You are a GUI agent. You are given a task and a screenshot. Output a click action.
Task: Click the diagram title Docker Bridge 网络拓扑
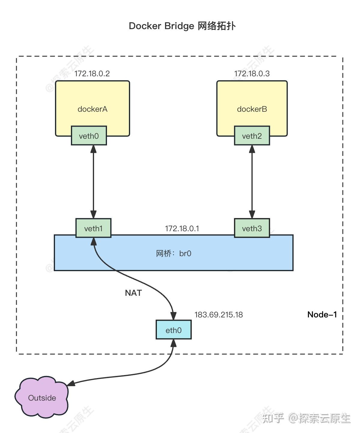(182, 26)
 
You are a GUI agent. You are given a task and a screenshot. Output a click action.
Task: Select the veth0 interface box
(89, 136)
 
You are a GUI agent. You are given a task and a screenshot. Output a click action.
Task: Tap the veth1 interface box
(93, 228)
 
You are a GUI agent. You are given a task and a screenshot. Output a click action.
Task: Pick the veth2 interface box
(252, 136)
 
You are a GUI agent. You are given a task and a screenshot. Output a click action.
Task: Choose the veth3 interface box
(252, 228)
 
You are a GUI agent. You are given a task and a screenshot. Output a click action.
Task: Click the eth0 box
(173, 330)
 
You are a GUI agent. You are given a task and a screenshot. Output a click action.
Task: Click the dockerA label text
(92, 109)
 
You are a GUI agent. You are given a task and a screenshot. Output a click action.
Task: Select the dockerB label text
(252, 109)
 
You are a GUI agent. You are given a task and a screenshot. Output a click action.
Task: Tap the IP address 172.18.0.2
(92, 74)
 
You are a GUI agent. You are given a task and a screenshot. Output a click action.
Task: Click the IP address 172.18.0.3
(252, 74)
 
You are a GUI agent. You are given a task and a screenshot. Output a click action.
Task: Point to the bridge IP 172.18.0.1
(182, 229)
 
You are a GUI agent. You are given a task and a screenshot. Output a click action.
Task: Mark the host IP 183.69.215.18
(218, 315)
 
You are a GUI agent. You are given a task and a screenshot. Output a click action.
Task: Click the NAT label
(133, 293)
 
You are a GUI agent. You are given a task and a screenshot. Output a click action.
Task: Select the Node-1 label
(322, 314)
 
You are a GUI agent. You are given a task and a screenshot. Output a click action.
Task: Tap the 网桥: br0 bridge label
(173, 253)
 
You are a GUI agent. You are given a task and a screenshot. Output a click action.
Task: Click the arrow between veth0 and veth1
(93, 182)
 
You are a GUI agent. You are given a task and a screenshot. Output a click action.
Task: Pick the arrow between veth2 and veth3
(252, 182)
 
